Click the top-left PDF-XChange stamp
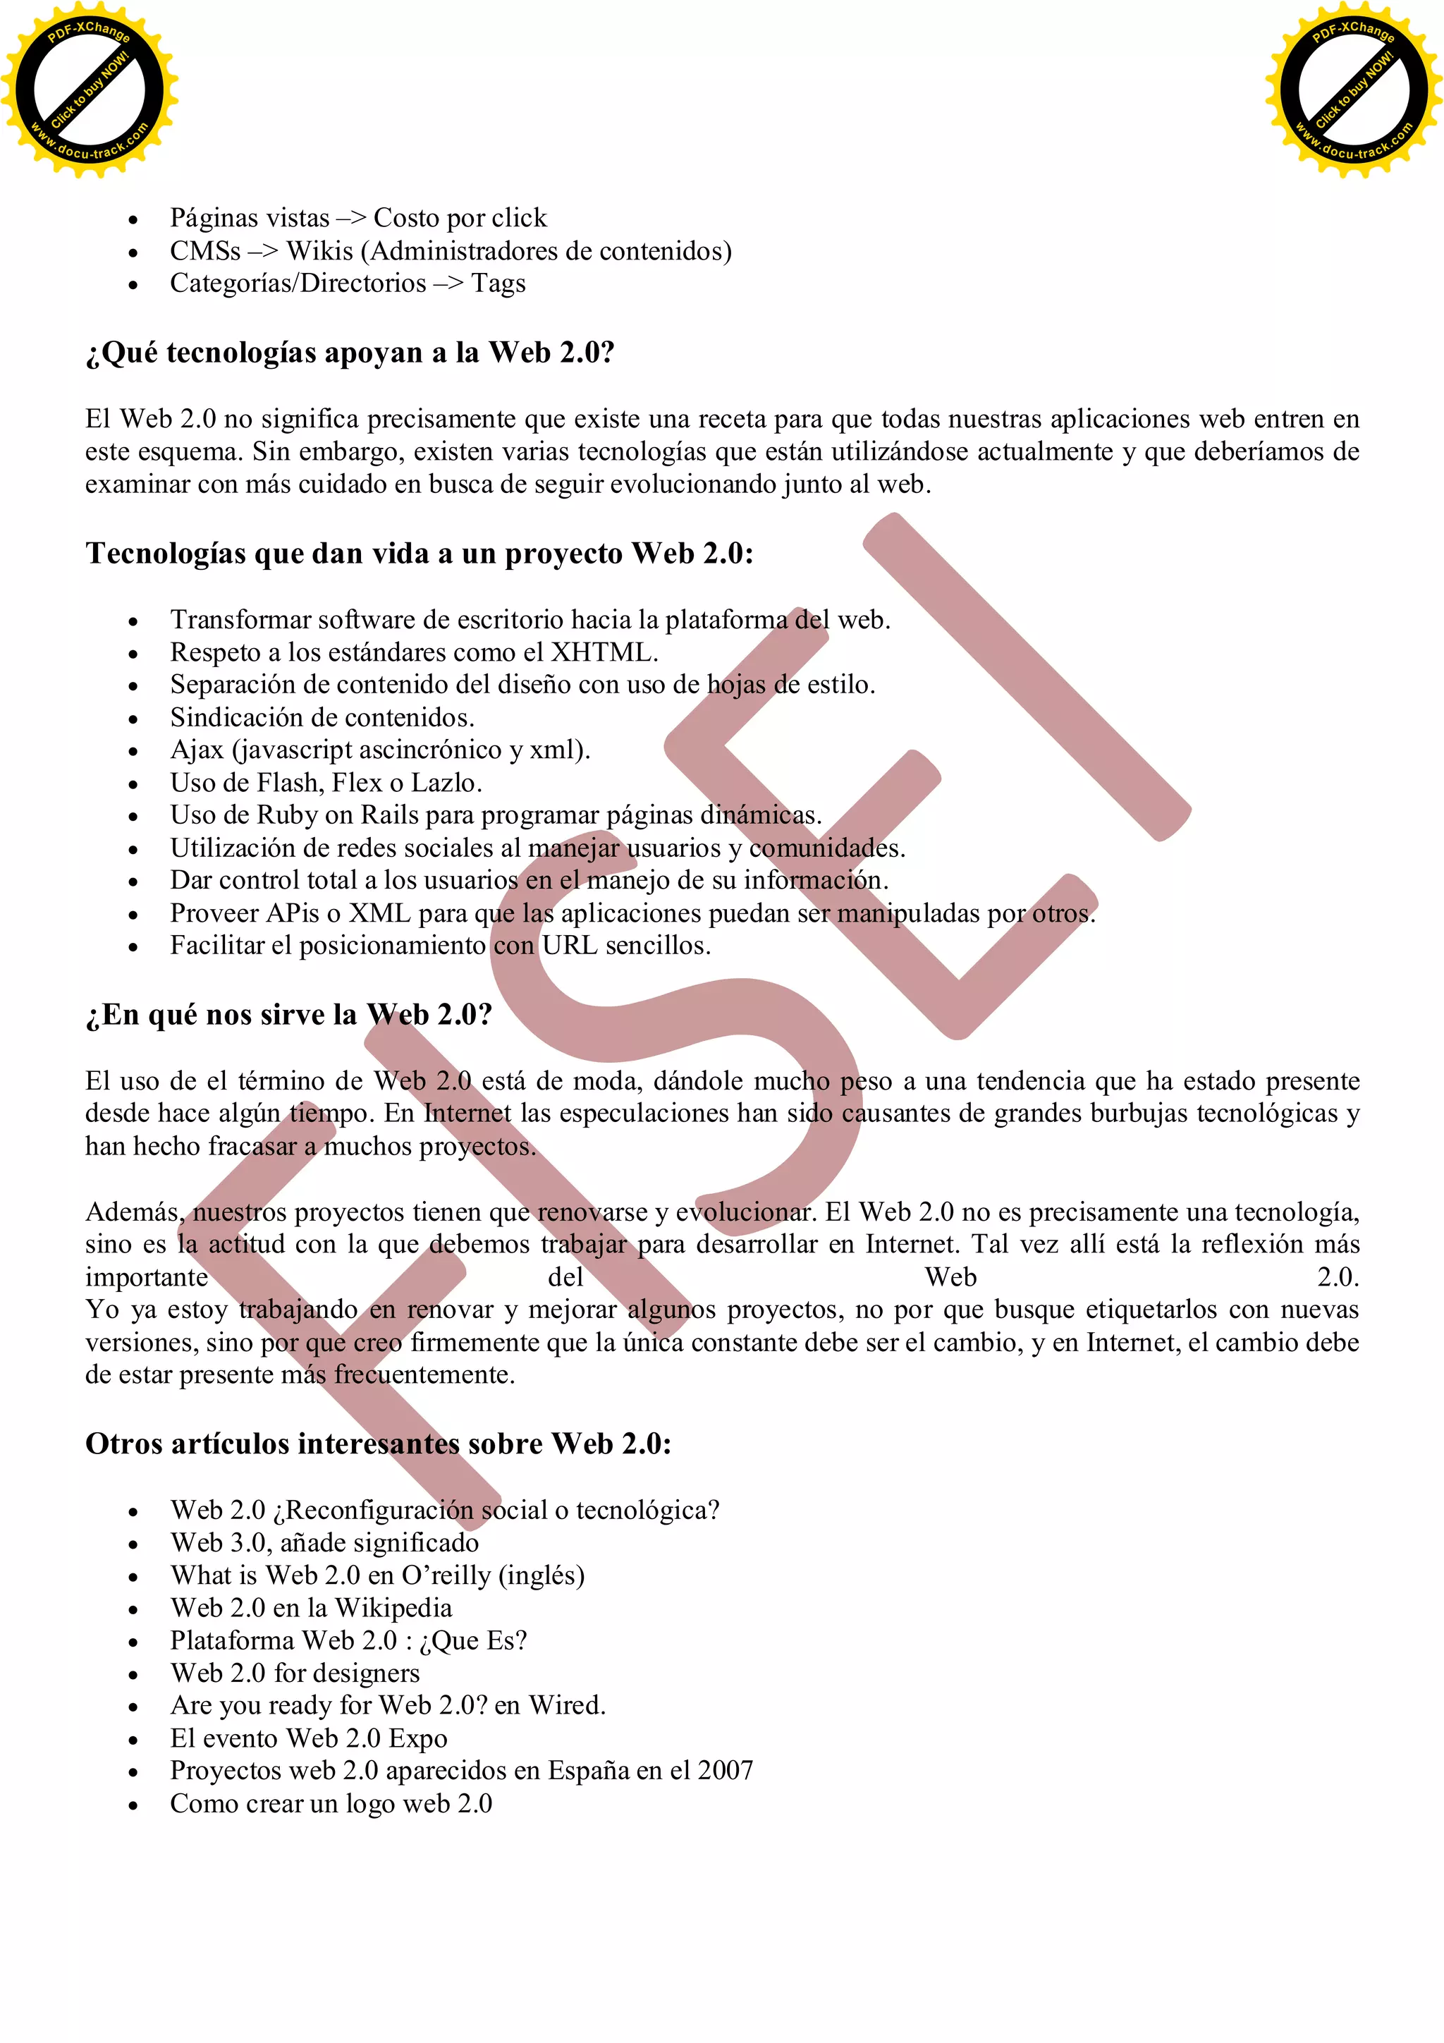(89, 90)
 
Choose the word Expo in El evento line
(418, 1738)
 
